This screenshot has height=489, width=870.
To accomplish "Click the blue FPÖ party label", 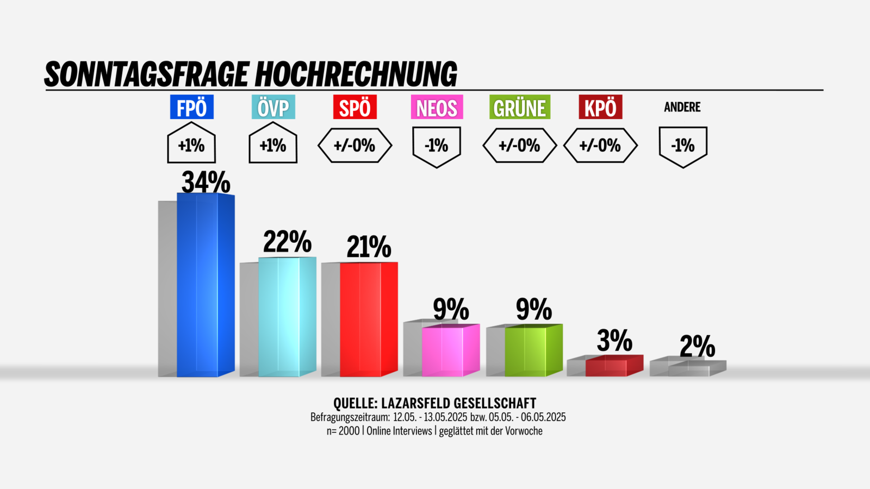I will (191, 108).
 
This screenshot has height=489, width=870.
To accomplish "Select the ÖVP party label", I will (273, 108).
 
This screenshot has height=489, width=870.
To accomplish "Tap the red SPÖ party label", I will (355, 108).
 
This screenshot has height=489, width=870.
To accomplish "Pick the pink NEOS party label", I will (437, 108).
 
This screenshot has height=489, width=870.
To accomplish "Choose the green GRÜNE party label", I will (519, 108).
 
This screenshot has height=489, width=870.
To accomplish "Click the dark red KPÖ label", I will (600, 108).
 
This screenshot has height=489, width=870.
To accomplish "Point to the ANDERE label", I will (682, 107).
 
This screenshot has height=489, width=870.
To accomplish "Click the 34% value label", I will (206, 181).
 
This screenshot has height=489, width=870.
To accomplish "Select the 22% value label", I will (287, 241).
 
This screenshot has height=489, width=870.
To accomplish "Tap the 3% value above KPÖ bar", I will (614, 341).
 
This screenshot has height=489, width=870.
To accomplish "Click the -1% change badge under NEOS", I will (437, 146).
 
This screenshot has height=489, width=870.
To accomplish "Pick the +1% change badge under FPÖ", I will (191, 145).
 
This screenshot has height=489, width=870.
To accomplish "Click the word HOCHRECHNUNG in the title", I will (356, 74).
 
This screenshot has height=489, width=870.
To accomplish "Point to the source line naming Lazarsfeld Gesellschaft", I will (434, 403).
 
